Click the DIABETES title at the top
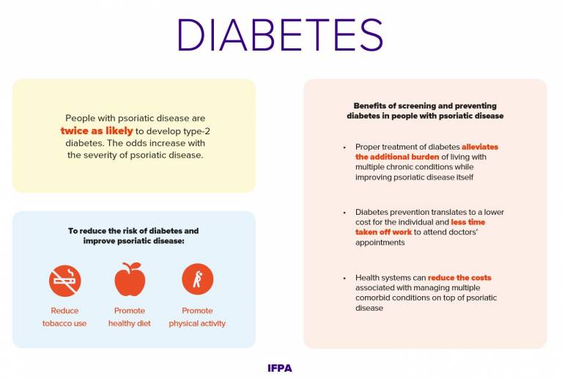(280, 34)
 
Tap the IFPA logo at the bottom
(280, 368)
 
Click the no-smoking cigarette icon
(64, 280)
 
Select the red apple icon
(130, 279)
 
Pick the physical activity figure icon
(197, 279)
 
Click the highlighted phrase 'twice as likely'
(97, 130)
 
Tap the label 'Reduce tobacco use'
(64, 317)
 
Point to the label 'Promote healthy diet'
(130, 317)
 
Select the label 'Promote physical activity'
(197, 317)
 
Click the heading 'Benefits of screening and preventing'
(425, 106)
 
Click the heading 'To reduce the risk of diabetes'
(133, 230)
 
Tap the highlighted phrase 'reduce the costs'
(459, 278)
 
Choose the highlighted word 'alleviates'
(480, 147)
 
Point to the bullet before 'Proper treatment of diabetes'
(344, 147)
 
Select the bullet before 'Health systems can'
(344, 279)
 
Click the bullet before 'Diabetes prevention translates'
(344, 213)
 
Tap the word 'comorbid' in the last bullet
(372, 298)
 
